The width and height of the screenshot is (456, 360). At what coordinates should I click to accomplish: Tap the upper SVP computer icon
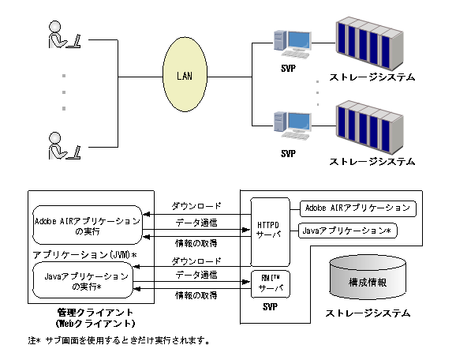pyautogui.click(x=288, y=43)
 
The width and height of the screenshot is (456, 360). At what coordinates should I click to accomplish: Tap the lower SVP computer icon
pyautogui.click(x=288, y=124)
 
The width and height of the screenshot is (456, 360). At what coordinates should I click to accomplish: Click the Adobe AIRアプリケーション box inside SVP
pyautogui.click(x=357, y=208)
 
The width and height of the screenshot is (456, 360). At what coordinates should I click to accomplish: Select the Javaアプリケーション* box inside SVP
pyautogui.click(x=348, y=231)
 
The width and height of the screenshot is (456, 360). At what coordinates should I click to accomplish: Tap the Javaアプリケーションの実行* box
pyautogui.click(x=83, y=282)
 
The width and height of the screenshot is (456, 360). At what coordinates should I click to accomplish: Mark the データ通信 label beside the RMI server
pyautogui.click(x=196, y=273)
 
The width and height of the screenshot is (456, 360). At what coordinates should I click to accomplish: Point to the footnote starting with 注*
pyautogui.click(x=118, y=341)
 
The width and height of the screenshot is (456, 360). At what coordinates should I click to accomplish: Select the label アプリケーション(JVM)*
pyautogui.click(x=84, y=256)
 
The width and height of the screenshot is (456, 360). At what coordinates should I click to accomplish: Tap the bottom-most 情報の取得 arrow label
pyautogui.click(x=196, y=295)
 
